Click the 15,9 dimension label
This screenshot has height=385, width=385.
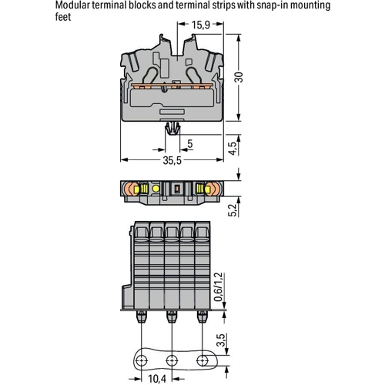tap(200, 25)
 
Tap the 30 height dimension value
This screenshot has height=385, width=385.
tap(239, 77)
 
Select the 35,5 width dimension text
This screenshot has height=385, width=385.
tap(172, 160)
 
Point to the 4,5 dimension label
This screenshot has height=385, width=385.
tap(233, 148)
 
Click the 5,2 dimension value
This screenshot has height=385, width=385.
tap(233, 210)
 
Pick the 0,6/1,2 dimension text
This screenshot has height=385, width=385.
tap(218, 286)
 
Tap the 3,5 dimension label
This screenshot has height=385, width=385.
tap(220, 340)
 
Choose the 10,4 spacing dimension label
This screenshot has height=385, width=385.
tap(157, 379)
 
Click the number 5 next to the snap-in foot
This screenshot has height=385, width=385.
tap(190, 144)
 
